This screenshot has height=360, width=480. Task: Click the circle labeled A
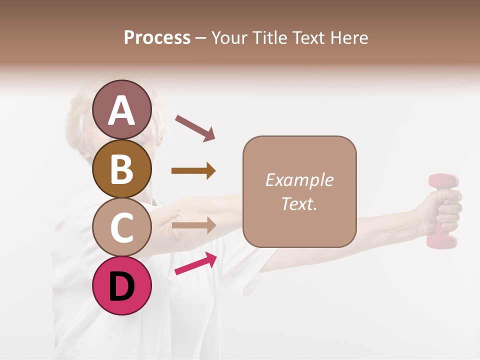(122, 110)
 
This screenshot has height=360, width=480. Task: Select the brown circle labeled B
(122, 168)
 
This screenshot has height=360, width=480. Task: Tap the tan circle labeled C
(122, 227)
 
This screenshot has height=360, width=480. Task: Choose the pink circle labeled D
(122, 285)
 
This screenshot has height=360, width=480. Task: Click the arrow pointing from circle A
(195, 127)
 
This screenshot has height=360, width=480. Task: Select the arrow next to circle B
(193, 171)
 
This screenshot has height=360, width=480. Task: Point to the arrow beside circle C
(193, 225)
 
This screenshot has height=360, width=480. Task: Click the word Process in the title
(157, 37)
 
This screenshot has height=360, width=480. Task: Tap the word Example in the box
(299, 180)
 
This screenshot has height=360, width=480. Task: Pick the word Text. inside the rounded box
(299, 203)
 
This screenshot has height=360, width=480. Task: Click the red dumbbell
(442, 210)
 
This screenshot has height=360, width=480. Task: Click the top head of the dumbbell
(443, 182)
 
